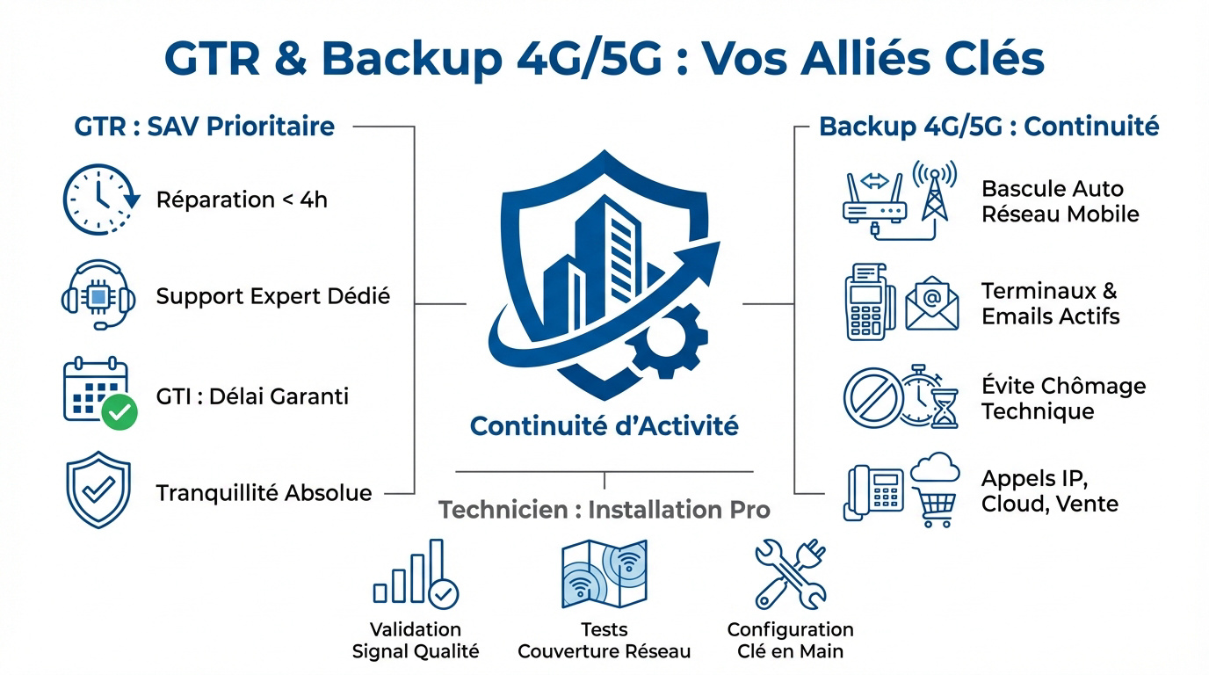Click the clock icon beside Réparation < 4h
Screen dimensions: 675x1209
tap(99, 200)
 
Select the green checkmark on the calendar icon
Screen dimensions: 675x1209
tap(119, 411)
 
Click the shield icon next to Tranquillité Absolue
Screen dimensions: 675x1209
tap(98, 491)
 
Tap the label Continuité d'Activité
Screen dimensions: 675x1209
tap(604, 426)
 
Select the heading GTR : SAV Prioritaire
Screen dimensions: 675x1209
tap(205, 127)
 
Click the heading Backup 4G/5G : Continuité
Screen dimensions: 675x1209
tap(988, 127)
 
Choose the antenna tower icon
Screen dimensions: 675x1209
tap(934, 191)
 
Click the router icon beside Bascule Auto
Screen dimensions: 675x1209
tap(874, 201)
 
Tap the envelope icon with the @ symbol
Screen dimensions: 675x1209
tap(931, 303)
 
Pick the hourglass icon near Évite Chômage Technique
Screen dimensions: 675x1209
tap(945, 408)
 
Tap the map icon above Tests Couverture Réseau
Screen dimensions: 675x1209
tap(604, 574)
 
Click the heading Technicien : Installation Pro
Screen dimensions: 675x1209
tap(604, 509)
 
